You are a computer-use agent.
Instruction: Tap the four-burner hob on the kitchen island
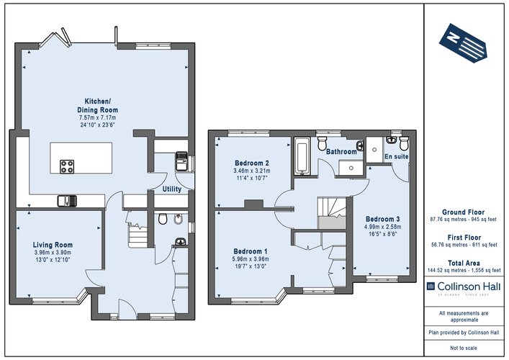click(x=68, y=166)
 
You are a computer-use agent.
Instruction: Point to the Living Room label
click(x=53, y=245)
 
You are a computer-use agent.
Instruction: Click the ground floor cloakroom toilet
click(x=161, y=218)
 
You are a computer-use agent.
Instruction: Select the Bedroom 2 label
click(x=252, y=163)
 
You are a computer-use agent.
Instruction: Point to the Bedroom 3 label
click(x=382, y=219)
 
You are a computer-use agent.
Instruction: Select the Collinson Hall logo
click(x=464, y=290)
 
